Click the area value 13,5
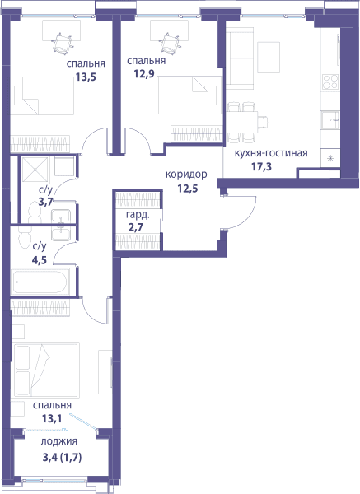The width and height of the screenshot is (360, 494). click(86, 77)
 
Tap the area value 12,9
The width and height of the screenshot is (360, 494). click(144, 74)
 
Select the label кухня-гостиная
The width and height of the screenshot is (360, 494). click(271, 153)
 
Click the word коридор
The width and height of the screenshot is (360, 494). click(186, 175)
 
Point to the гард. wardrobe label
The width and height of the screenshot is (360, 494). click(138, 216)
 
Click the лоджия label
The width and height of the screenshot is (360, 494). click(59, 441)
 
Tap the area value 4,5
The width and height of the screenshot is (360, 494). click(40, 260)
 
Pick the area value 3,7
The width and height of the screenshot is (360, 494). click(45, 201)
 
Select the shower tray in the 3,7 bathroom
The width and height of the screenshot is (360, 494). click(35, 170)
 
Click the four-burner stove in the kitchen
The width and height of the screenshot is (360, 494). click(330, 82)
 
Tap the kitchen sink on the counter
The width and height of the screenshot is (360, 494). click(330, 120)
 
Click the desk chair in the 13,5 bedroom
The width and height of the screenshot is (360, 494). click(62, 43)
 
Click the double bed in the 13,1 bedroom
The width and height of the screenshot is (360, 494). click(47, 370)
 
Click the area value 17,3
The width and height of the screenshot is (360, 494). click(261, 166)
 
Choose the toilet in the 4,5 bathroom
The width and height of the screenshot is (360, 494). click(24, 240)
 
